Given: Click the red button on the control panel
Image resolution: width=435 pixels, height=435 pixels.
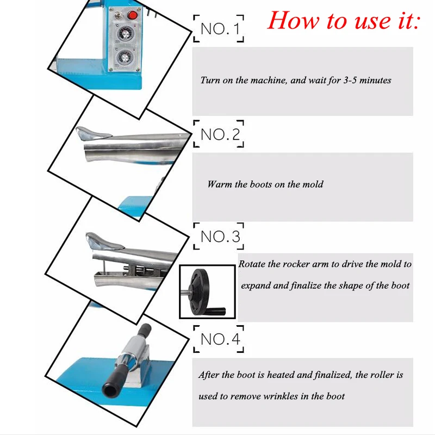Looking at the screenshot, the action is click(133, 15).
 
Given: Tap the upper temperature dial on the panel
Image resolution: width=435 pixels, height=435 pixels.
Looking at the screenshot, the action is click(125, 34).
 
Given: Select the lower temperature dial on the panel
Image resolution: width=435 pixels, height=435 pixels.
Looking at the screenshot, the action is click(125, 58).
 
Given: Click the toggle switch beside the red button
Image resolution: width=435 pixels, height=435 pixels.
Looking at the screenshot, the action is click(120, 15).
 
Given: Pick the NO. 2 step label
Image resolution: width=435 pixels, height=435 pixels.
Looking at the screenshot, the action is click(220, 134).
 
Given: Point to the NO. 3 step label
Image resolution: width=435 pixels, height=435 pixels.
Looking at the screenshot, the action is click(220, 237).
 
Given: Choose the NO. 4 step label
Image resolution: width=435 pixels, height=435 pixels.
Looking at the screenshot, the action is click(220, 339).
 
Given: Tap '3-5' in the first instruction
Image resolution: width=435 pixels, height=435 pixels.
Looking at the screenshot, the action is click(350, 80).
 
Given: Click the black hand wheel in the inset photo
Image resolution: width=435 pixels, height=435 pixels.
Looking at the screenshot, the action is click(200, 291).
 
